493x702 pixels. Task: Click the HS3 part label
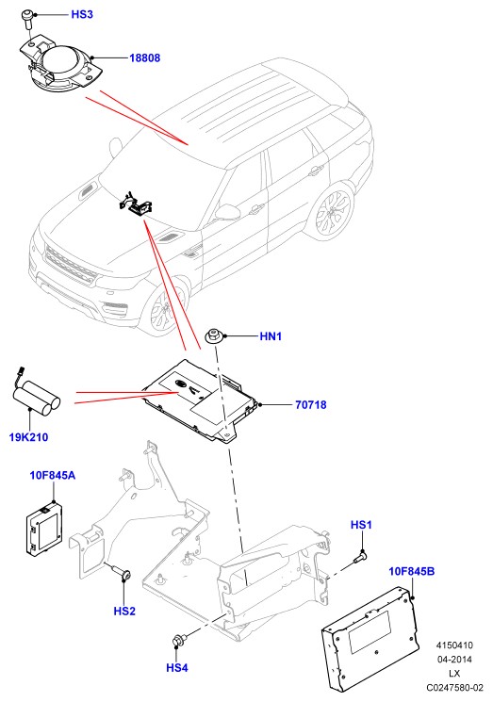coord(82,14)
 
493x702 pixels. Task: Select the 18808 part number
coord(144,57)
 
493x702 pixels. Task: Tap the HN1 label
coord(271,336)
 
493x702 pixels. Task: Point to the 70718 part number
coord(311,405)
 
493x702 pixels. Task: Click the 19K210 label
coord(28,437)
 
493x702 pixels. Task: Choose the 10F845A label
coord(53,475)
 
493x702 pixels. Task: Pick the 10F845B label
coord(412,571)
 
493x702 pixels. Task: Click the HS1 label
coord(361,525)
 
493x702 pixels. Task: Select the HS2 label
coord(124,612)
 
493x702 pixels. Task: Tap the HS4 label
coord(177,668)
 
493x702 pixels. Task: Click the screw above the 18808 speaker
coord(27,19)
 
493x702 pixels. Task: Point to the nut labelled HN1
coord(214,336)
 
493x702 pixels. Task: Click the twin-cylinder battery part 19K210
coord(36,396)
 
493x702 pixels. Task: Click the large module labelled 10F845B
coord(371,639)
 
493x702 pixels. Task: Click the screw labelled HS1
coord(360,558)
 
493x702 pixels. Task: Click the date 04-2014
coord(454,659)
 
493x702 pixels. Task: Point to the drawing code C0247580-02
coord(454,687)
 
